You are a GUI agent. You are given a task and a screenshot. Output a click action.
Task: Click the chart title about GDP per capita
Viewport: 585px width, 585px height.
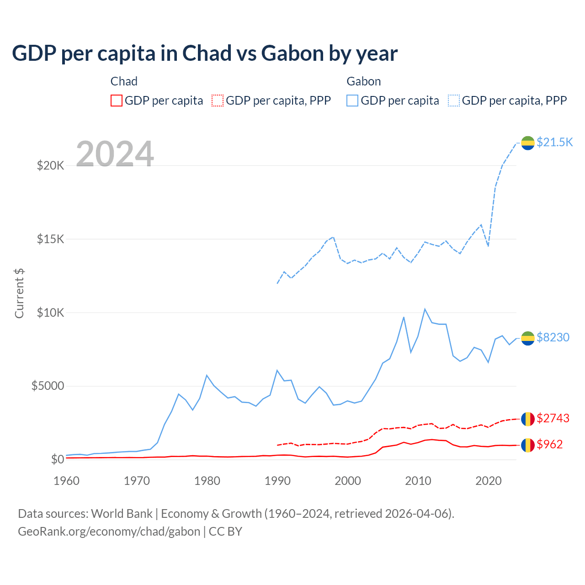(x=205, y=53)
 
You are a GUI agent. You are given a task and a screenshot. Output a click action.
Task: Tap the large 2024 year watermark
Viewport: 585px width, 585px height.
(x=115, y=154)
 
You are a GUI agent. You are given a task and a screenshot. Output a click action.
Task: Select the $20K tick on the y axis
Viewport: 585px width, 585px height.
(x=51, y=165)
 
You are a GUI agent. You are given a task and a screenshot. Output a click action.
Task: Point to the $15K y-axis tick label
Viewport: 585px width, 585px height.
(x=51, y=239)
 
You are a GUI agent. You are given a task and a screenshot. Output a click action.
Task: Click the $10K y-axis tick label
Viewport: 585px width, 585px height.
(x=51, y=313)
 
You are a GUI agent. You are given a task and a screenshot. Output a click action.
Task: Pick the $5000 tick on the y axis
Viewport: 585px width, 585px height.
(x=48, y=386)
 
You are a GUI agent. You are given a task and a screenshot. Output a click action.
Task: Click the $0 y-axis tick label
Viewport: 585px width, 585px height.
(x=57, y=459)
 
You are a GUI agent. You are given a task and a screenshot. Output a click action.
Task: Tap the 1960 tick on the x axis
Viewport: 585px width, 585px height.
(x=67, y=481)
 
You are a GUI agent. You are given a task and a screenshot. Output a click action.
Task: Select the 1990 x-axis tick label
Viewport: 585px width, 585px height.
(x=277, y=481)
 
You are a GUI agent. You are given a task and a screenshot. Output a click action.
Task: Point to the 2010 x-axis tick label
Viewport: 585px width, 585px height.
(x=418, y=481)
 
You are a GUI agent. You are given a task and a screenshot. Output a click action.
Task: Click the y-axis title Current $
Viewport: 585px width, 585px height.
(x=19, y=293)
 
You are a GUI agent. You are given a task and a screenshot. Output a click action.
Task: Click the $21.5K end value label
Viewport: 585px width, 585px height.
(x=554, y=142)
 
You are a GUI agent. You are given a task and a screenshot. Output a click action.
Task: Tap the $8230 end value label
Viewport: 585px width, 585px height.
(x=553, y=337)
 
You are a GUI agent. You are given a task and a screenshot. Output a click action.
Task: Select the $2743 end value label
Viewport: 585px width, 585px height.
(x=553, y=418)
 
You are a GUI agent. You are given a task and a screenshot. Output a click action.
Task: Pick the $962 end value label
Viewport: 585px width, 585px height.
(x=550, y=444)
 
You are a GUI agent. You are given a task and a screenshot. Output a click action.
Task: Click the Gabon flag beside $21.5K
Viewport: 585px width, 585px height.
(x=528, y=143)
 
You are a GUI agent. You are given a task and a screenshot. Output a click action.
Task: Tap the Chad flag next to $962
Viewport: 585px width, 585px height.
(x=528, y=445)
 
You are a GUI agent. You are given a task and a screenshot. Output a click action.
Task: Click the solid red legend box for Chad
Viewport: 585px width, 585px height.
(x=117, y=101)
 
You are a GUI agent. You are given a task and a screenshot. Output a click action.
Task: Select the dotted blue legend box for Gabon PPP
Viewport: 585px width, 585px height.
(x=454, y=101)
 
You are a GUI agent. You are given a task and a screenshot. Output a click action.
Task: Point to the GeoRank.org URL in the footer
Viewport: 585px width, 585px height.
(x=109, y=532)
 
